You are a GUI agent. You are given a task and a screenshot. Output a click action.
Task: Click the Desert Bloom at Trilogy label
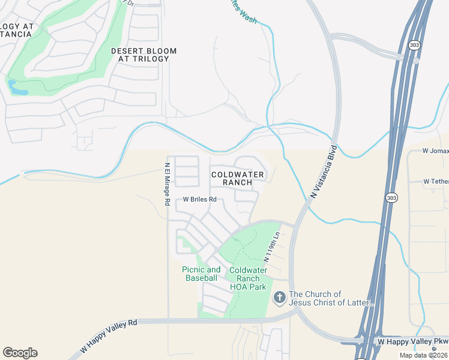(x=144, y=55)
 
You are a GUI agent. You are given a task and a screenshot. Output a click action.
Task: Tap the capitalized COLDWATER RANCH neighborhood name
(x=238, y=178)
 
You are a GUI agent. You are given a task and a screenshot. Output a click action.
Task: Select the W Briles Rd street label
(x=199, y=199)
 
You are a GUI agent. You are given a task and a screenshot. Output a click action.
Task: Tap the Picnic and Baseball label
(x=201, y=274)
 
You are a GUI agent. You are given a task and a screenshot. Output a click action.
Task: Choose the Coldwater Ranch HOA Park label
(x=248, y=278)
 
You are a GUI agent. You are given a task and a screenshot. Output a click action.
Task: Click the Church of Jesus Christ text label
(x=331, y=298)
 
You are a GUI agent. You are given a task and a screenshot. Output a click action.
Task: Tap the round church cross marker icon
(x=279, y=297)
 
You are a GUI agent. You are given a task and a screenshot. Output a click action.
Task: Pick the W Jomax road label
(x=435, y=151)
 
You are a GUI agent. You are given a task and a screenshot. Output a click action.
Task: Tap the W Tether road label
(x=435, y=181)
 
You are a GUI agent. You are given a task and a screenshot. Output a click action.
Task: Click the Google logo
(x=20, y=353)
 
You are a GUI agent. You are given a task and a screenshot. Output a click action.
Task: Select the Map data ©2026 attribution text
(x=424, y=355)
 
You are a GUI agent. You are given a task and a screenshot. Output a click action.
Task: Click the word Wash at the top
(x=247, y=20)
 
